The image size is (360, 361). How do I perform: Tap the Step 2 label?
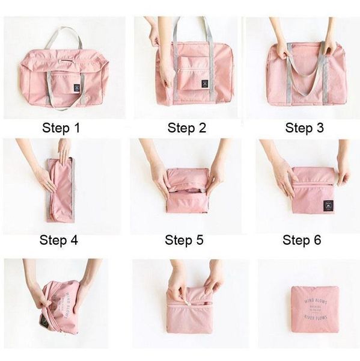click(186, 128)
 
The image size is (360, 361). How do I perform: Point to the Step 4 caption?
click(58, 240)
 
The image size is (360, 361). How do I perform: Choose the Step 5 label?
click(184, 240)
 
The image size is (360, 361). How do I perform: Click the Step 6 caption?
click(302, 240)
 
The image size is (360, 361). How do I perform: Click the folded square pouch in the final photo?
click(314, 309)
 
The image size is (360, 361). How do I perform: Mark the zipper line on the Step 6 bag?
click(313, 180)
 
